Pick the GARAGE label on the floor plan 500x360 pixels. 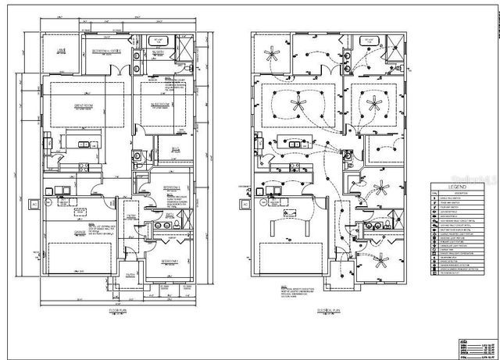(x=81, y=230)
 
